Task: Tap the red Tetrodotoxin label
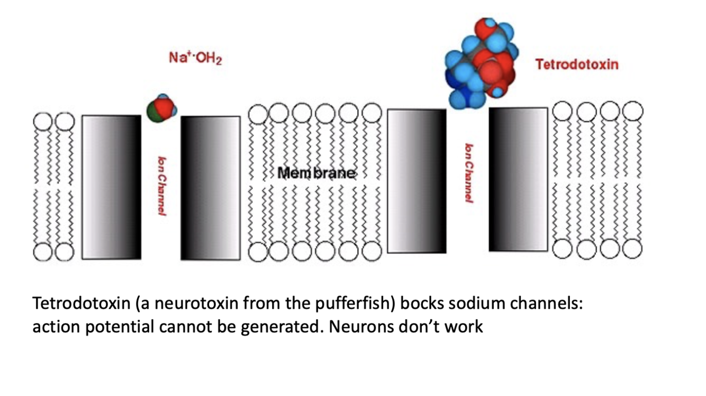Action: [x=576, y=65]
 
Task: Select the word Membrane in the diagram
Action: [x=316, y=173]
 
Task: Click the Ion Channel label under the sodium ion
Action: [x=161, y=185]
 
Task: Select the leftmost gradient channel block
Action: [x=112, y=187]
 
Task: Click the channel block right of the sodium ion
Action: [x=210, y=188]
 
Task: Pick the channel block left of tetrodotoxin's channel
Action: [x=417, y=181]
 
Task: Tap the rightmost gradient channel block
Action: [x=518, y=179]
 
